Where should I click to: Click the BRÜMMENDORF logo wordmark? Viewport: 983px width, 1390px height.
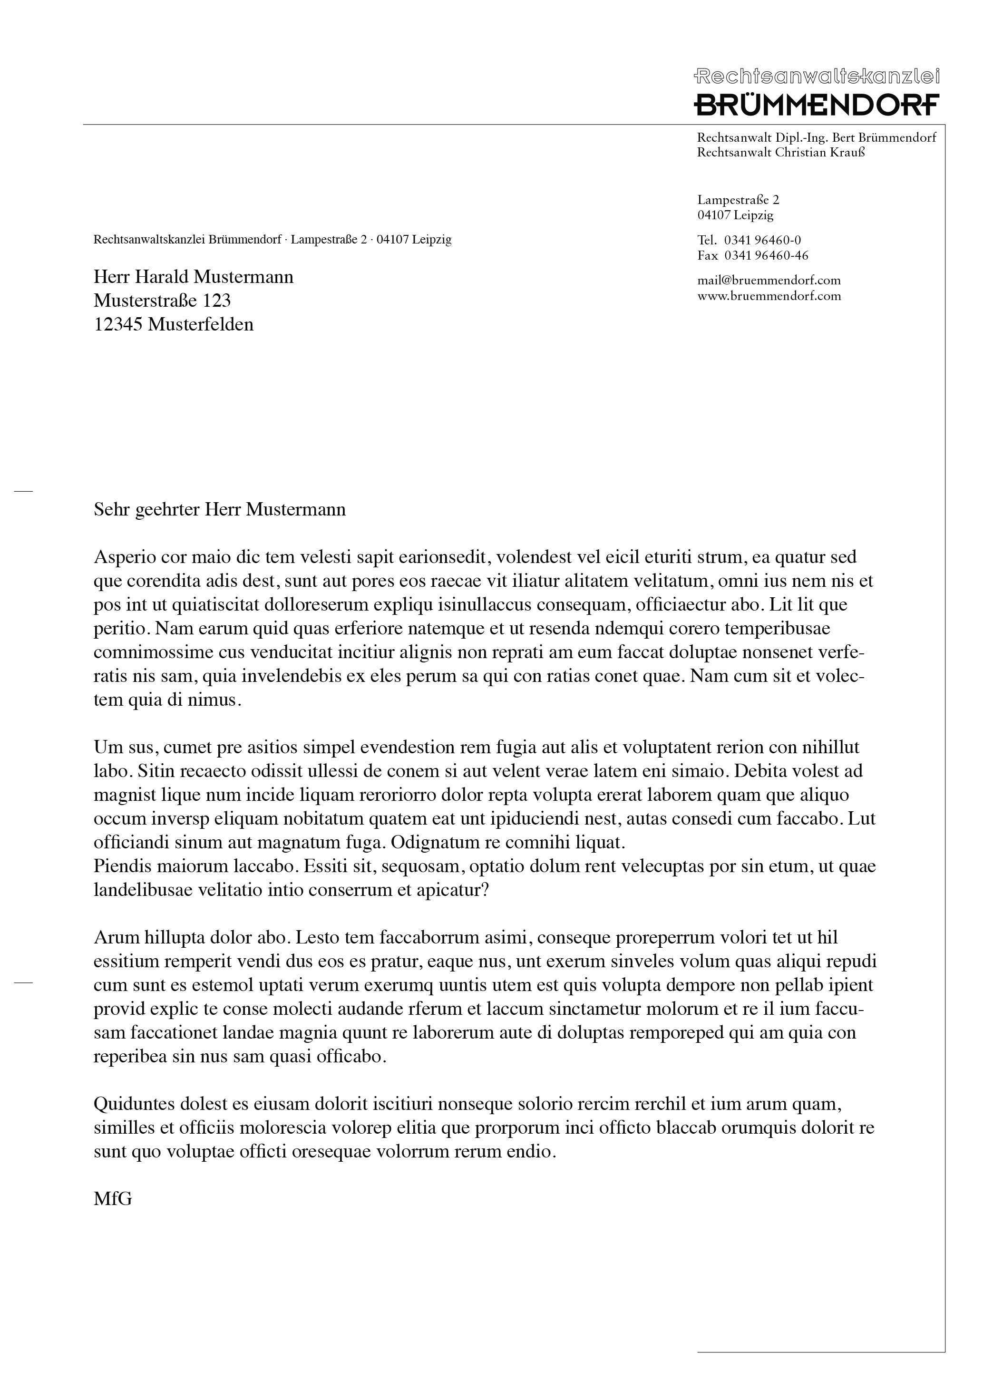[x=816, y=104]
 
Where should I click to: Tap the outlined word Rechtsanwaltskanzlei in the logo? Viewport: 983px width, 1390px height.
[x=816, y=76]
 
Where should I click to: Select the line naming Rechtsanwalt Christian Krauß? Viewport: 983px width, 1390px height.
[x=781, y=153]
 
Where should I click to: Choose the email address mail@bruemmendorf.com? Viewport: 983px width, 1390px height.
[x=769, y=280]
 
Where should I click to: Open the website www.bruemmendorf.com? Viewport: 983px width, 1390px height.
[x=769, y=296]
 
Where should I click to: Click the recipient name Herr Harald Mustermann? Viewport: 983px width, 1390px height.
[x=193, y=277]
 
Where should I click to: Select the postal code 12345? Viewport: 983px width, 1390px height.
[x=118, y=324]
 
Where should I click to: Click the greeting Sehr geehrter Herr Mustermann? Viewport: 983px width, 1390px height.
[x=219, y=510]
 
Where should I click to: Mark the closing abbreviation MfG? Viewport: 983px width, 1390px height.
[x=113, y=1198]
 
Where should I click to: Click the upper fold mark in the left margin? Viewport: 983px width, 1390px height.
[x=23, y=491]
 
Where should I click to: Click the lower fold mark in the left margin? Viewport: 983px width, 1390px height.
[x=23, y=983]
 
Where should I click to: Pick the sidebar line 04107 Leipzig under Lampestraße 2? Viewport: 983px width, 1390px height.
[x=735, y=215]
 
